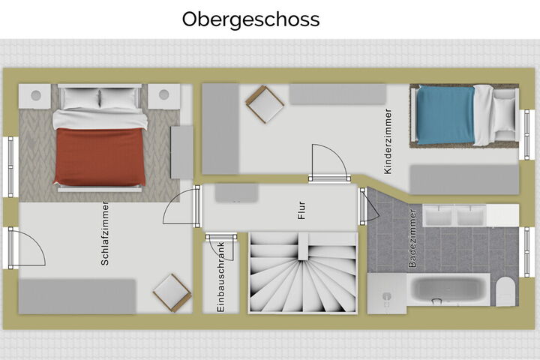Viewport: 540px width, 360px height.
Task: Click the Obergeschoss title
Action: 250,20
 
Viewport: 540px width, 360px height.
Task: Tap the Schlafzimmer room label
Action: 105,233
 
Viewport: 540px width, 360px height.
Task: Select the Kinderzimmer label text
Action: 388,141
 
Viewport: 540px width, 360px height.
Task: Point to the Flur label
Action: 301,211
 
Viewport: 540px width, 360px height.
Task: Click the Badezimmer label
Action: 412,238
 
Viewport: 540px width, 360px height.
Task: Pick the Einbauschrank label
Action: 220,277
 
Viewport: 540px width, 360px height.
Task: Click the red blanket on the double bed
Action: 100,157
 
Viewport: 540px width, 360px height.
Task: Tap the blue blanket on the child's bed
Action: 446,115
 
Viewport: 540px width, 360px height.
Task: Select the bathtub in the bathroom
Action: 448,289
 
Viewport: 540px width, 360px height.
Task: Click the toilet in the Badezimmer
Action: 505,292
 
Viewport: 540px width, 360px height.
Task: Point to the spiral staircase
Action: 303,272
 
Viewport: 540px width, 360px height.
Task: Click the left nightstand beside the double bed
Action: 35,96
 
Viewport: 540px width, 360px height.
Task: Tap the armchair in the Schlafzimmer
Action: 172,293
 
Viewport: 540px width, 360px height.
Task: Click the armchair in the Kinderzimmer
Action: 265,104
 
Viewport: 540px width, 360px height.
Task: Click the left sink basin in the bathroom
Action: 439,216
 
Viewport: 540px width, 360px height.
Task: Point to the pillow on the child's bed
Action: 505,115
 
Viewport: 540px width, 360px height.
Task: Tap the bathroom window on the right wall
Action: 526,252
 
